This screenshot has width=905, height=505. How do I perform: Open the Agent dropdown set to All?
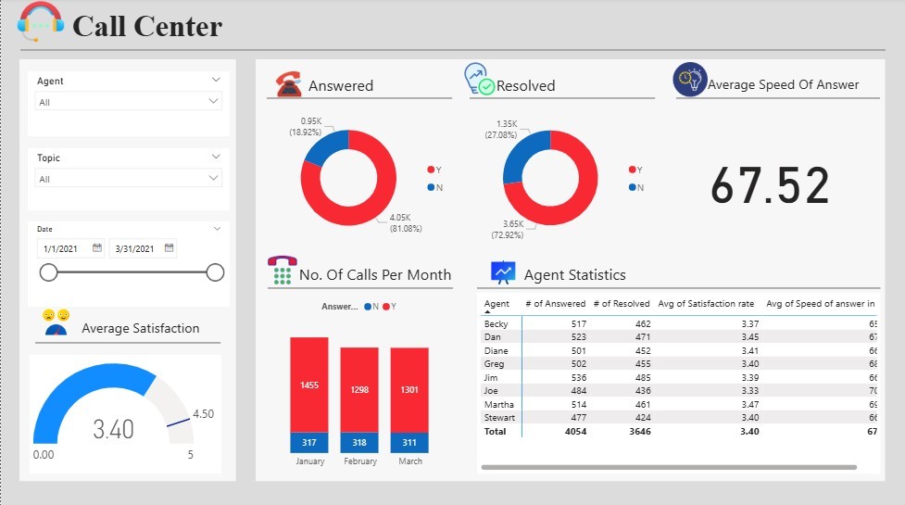tap(129, 101)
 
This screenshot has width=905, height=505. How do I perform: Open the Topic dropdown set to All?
tap(129, 178)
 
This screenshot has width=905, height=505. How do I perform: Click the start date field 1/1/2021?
tap(70, 248)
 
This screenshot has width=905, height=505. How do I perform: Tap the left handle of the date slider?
tap(49, 272)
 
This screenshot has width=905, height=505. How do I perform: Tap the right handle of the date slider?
tap(215, 272)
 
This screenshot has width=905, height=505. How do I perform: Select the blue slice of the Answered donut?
tap(321, 148)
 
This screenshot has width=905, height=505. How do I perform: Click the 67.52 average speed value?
tap(770, 185)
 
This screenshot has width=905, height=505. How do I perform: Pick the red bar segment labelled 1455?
tap(309, 385)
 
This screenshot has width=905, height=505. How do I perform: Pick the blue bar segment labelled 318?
tap(359, 443)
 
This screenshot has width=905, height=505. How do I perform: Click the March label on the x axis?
tap(409, 461)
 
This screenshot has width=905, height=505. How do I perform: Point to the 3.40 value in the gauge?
tap(113, 429)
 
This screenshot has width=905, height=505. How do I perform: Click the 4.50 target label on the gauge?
tap(203, 414)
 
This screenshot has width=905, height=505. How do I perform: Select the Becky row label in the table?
tap(496, 324)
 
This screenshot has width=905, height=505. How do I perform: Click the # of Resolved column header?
tap(621, 304)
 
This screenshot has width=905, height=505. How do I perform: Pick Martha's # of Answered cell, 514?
tap(573, 405)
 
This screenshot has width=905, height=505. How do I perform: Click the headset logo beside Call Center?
tap(41, 21)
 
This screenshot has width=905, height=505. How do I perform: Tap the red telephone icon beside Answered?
tap(289, 84)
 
